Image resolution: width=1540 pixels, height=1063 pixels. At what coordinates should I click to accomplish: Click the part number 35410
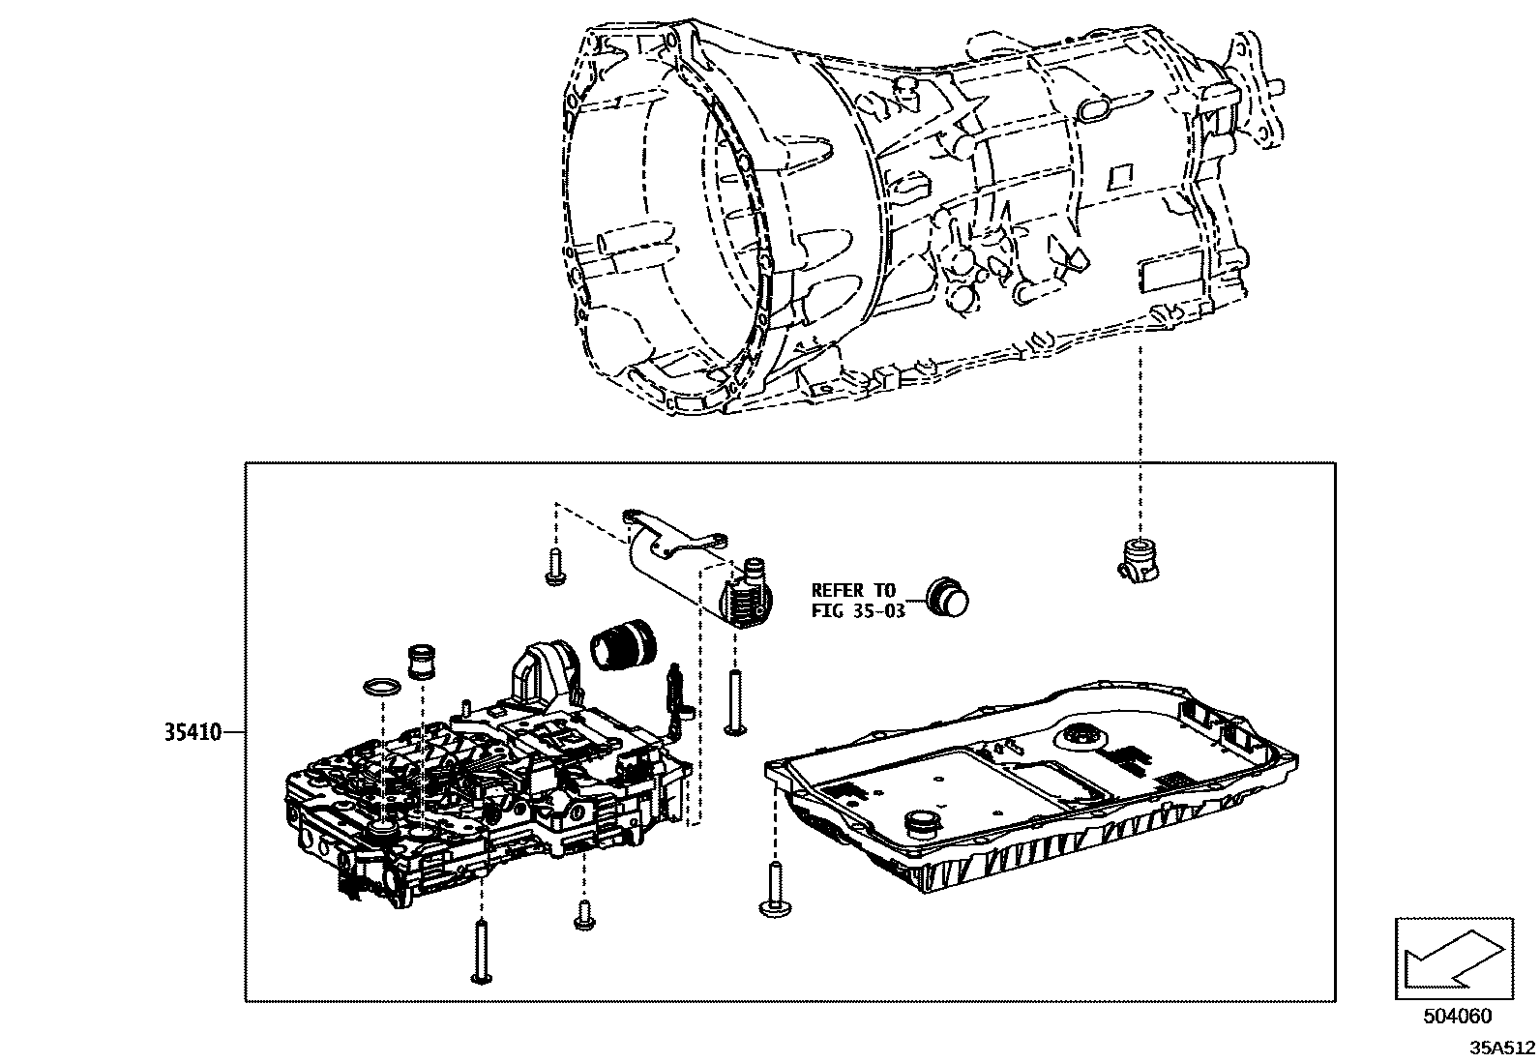pos(192,732)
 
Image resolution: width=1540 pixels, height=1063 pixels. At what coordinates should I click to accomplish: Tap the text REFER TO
pos(853,590)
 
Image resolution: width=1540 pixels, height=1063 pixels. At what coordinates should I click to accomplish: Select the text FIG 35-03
pos(857,610)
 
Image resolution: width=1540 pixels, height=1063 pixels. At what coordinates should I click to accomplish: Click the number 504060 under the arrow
pos(1457,1017)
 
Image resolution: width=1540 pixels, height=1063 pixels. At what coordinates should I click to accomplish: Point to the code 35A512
pos(1502,1048)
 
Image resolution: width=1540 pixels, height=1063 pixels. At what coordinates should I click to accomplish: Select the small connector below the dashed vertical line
pos(1140,562)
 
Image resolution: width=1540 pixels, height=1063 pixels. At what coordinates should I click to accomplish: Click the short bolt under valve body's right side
pos(583,914)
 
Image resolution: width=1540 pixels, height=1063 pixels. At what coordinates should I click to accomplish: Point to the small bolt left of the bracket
pos(555,567)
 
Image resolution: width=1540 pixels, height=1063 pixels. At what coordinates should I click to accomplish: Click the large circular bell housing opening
pos(667,251)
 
